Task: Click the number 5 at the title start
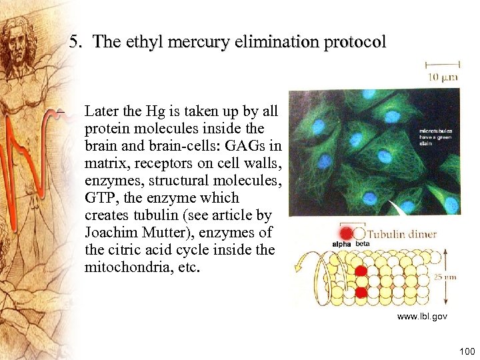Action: (75, 42)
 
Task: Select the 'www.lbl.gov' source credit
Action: (422, 316)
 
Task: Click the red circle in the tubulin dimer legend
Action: (346, 233)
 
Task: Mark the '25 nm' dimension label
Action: (445, 277)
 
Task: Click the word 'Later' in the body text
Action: (101, 111)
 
